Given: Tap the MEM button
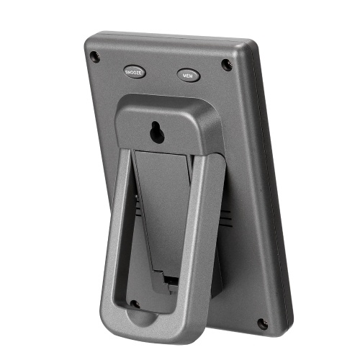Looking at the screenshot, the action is click(189, 76).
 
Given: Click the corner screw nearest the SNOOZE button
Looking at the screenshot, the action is click(95, 57).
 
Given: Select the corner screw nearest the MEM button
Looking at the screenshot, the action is click(227, 65).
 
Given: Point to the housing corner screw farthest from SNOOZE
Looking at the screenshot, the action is click(263, 324).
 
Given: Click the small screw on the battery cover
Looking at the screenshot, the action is click(135, 305).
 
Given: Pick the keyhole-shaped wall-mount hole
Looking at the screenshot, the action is click(157, 132).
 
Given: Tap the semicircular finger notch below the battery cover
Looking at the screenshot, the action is click(142, 318).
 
